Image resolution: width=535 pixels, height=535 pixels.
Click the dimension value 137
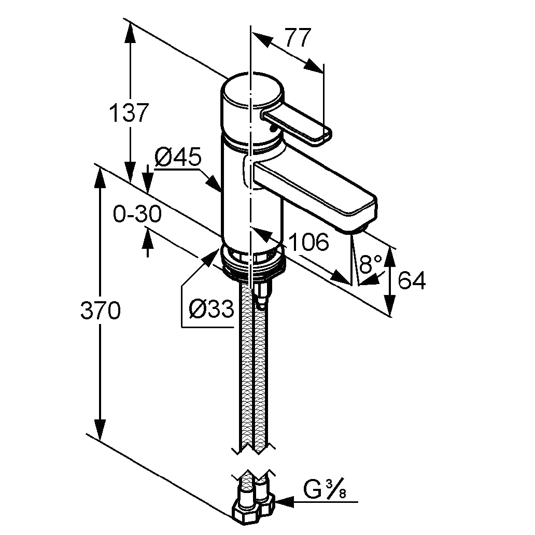pos(129,113)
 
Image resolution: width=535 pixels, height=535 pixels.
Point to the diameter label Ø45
pos(177,157)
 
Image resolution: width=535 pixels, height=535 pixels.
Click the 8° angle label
pos(371,265)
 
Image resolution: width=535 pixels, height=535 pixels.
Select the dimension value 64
pos(412,281)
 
